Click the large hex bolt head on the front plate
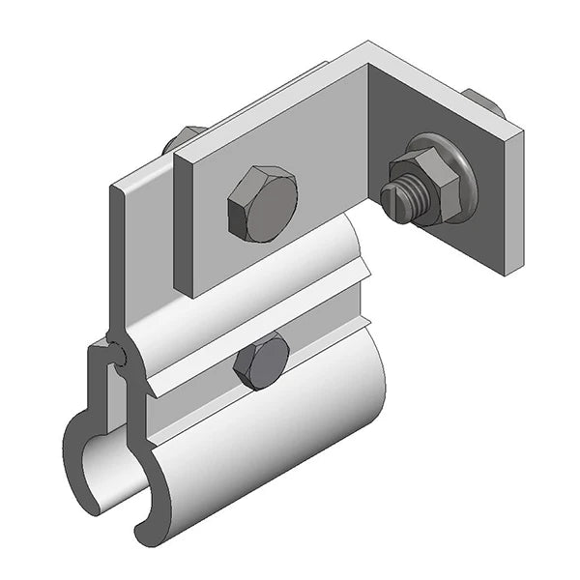click(261, 204)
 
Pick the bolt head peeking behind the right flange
click(483, 102)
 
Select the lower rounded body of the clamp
click(280, 435)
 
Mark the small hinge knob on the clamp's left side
click(115, 354)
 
